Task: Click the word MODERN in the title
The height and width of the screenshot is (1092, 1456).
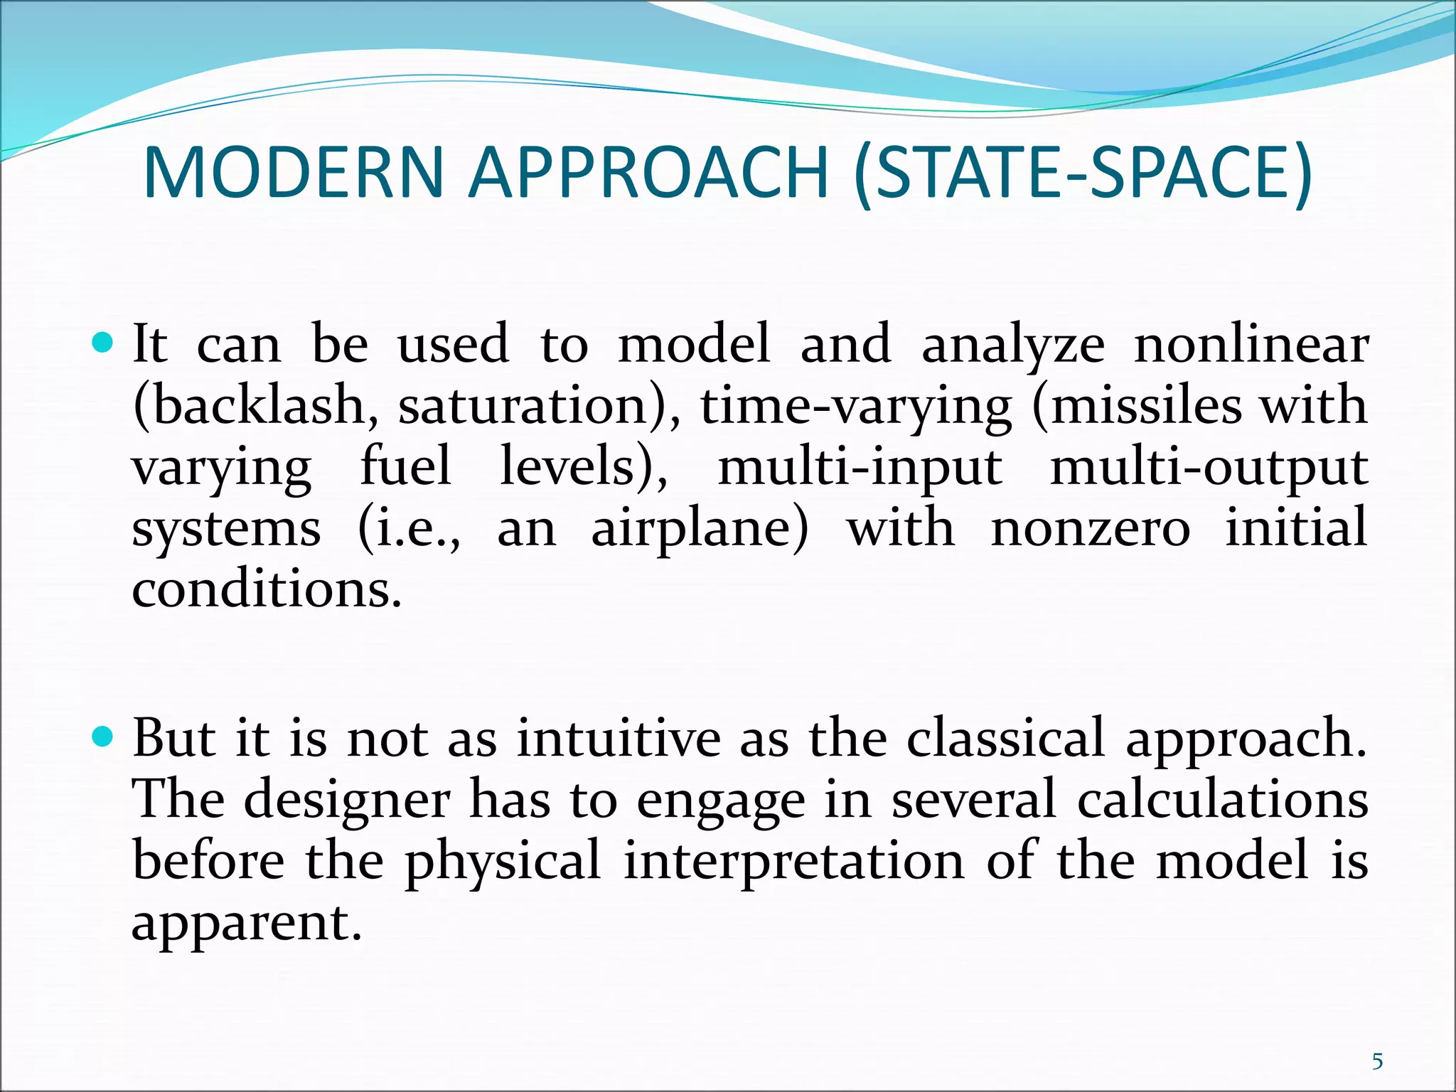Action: (294, 173)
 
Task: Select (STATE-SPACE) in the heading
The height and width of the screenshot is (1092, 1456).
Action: (1082, 174)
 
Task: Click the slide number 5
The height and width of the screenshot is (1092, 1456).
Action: (1377, 1042)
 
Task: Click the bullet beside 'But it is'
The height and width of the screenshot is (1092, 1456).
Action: (103, 738)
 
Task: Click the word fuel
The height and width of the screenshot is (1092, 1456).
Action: (405, 467)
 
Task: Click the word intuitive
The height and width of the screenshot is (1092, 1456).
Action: (618, 738)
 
